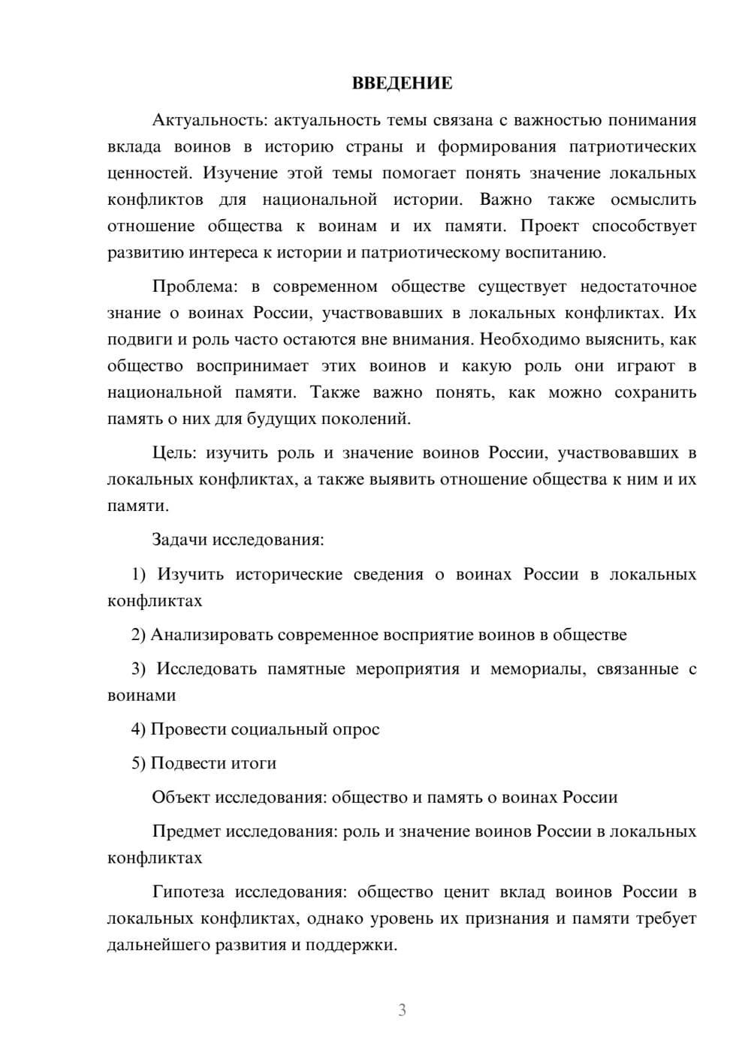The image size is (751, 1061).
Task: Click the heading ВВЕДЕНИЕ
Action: [x=402, y=83]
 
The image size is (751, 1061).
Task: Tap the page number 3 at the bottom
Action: [x=402, y=1010]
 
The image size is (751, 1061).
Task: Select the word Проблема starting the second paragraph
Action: [x=189, y=287]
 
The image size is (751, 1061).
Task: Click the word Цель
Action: [x=174, y=452]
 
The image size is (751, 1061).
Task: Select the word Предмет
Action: [x=186, y=831]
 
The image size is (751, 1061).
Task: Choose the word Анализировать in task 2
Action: [x=212, y=635]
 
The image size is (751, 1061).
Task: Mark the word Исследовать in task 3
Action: [x=207, y=669]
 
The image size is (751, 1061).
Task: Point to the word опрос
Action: [x=356, y=729]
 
